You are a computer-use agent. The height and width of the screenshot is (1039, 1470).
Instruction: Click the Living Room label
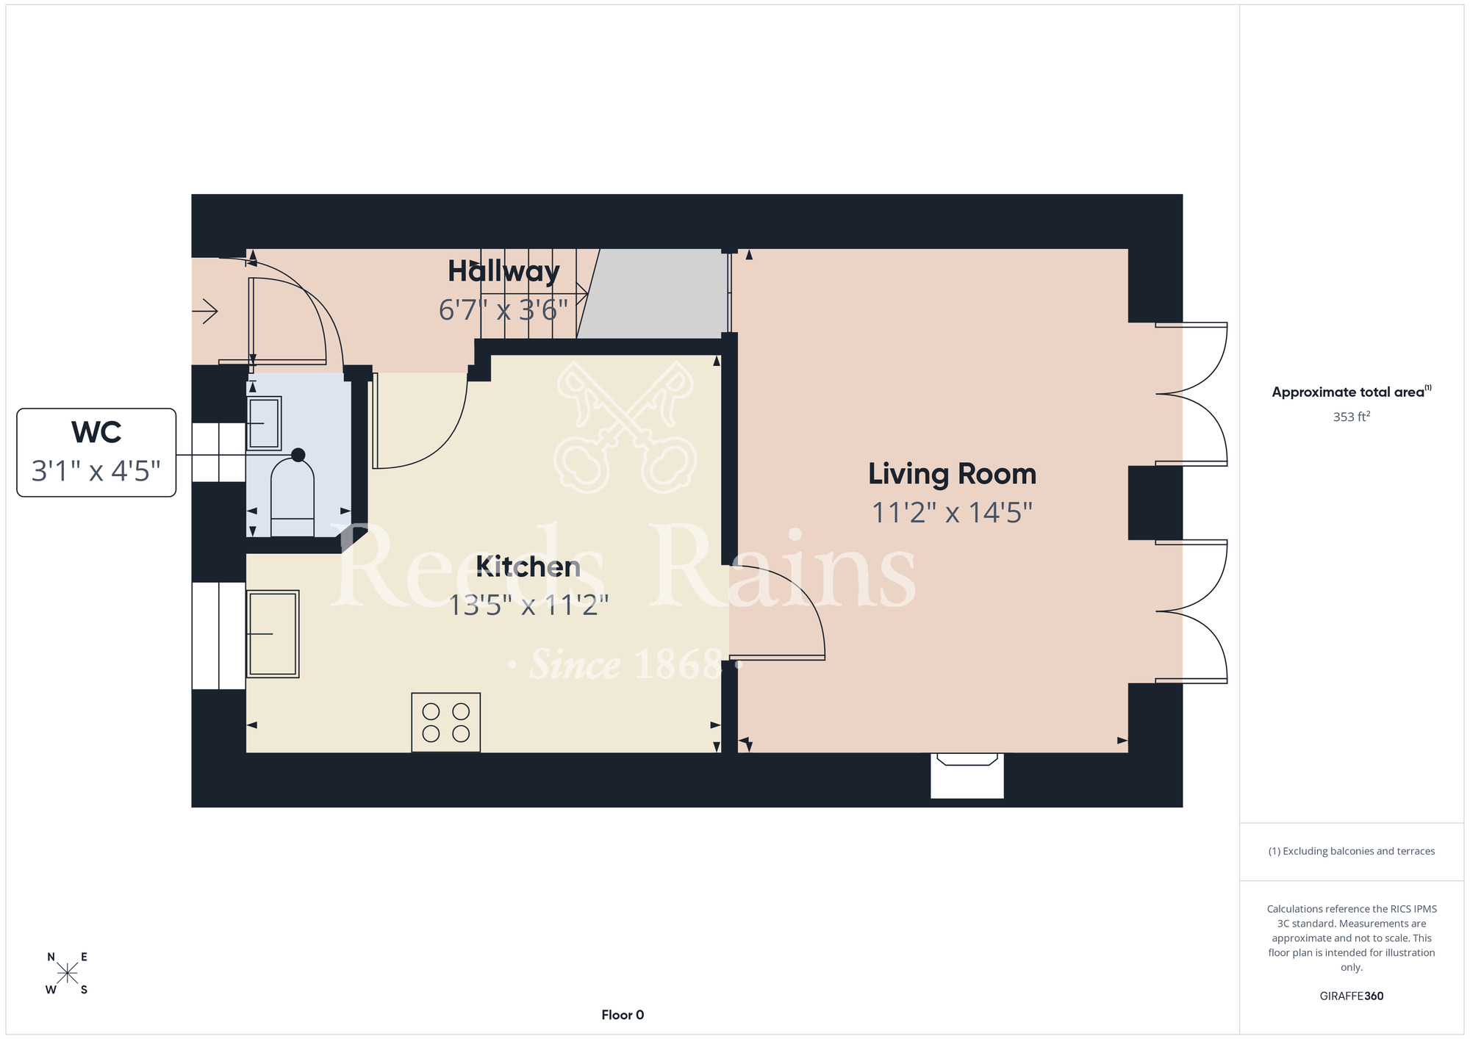click(x=952, y=474)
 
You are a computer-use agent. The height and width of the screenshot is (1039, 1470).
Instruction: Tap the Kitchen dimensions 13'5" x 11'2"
click(x=528, y=605)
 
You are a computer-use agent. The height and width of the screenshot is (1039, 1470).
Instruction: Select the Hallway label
click(x=504, y=271)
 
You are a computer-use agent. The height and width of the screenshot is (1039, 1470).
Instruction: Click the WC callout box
click(x=96, y=453)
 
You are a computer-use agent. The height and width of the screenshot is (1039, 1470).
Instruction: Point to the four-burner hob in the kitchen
click(x=446, y=722)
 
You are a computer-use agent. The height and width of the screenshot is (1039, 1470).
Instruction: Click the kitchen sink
click(x=273, y=633)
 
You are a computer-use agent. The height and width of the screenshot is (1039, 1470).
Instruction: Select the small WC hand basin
click(x=264, y=423)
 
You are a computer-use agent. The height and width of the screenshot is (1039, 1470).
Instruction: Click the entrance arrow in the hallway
click(x=205, y=312)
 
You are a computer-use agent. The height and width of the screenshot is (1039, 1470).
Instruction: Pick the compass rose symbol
click(x=67, y=974)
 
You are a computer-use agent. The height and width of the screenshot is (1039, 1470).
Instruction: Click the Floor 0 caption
click(x=623, y=1015)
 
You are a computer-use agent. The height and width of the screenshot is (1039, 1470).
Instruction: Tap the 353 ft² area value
click(x=1352, y=417)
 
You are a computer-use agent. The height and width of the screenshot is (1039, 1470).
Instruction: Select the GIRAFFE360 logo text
click(x=1352, y=996)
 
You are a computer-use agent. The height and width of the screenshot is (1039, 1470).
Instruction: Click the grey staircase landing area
click(x=653, y=294)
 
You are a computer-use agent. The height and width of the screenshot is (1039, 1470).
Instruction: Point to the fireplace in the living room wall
click(x=967, y=775)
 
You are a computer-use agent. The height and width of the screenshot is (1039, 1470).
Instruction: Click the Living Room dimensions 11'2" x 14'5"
click(x=952, y=513)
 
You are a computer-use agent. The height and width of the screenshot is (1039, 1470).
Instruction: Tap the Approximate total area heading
click(x=1352, y=392)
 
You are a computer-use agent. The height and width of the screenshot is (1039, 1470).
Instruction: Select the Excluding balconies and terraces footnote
click(x=1352, y=851)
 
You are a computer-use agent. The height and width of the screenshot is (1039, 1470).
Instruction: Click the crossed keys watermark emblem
click(x=625, y=426)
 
